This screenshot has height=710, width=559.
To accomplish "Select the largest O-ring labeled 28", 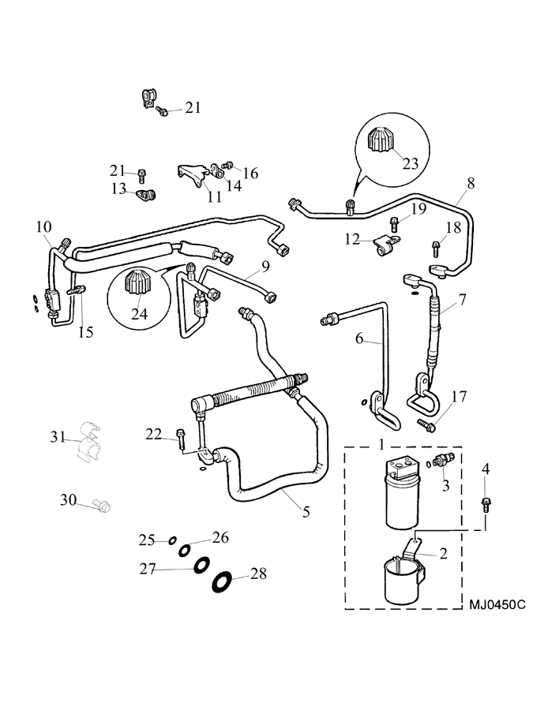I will pyautogui.click(x=222, y=581).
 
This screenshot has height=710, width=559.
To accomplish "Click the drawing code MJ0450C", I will pyautogui.click(x=497, y=605).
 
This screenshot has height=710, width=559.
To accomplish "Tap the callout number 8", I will pyautogui.click(x=471, y=183).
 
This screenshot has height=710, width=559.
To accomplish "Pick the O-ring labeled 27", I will pyautogui.click(x=201, y=565).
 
